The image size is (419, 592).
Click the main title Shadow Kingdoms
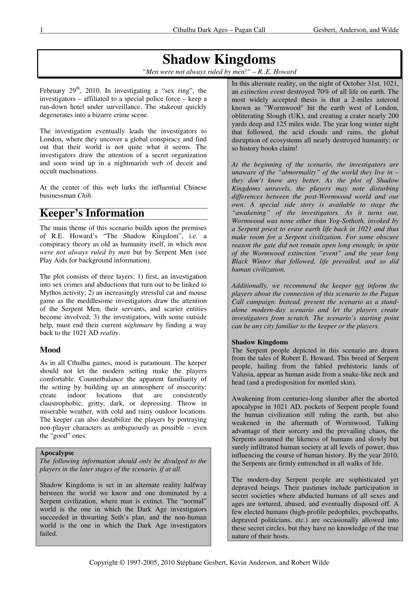click(x=219, y=59)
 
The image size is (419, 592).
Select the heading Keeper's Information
click(x=92, y=213)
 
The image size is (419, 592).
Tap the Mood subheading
click(x=50, y=350)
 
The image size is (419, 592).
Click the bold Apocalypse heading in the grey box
click(x=57, y=453)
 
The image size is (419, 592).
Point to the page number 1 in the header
click(x=41, y=30)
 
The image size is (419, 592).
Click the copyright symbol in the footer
click(x=122, y=562)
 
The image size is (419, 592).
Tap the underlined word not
click(x=359, y=286)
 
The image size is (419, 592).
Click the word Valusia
click(x=243, y=374)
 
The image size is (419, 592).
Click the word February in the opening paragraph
click(x=52, y=91)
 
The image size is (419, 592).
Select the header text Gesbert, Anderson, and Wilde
click(x=356, y=30)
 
